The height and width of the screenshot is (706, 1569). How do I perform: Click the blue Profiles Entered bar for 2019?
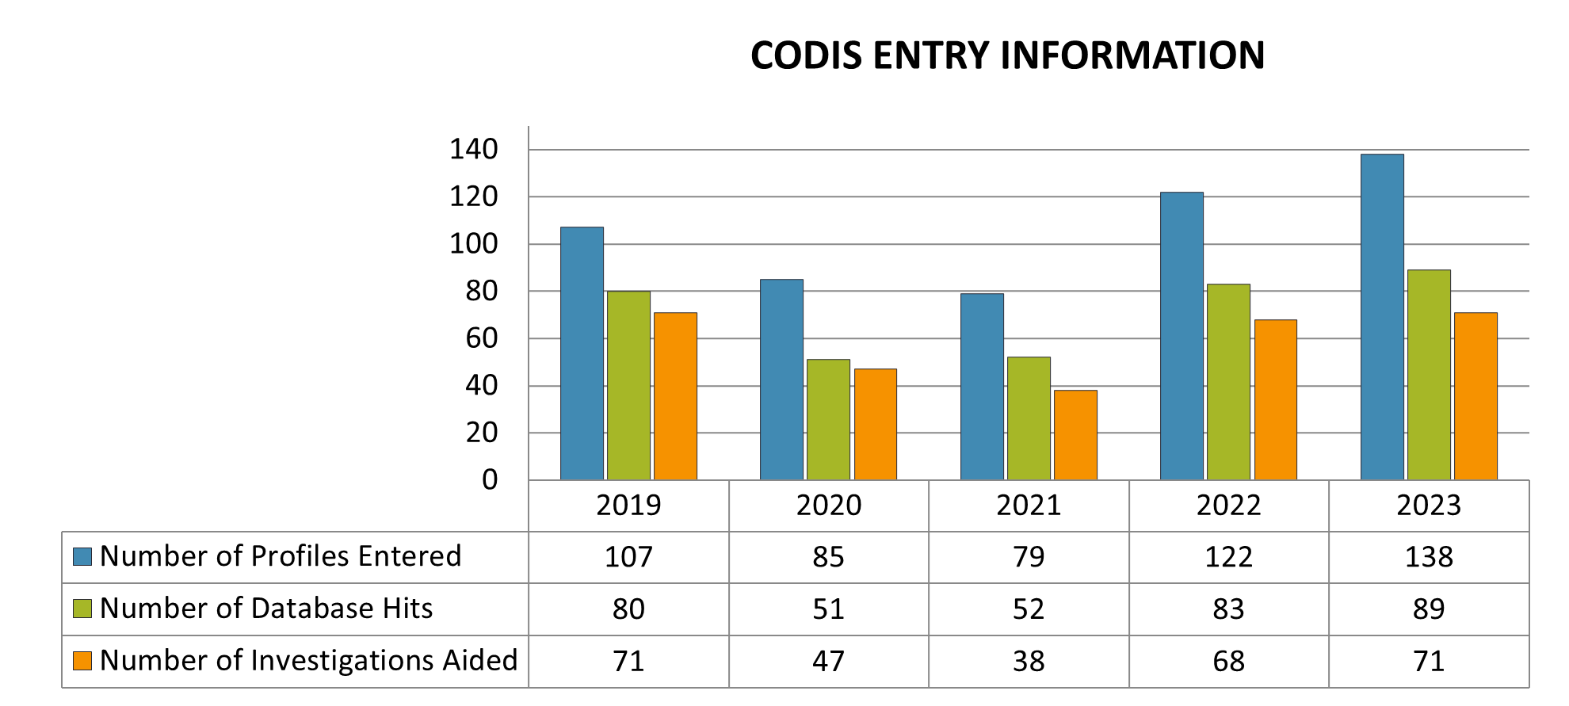point(582,353)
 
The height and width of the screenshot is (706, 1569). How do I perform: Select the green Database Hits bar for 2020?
point(828,419)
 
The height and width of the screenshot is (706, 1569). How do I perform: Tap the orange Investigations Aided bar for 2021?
point(1075,435)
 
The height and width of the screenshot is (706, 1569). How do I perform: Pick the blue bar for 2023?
point(1382,317)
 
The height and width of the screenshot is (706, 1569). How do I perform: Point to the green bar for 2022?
point(1228,382)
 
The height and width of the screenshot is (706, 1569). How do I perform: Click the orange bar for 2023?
point(1475,396)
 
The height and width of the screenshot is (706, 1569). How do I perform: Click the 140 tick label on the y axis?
point(474,149)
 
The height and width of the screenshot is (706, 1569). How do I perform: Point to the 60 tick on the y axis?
point(482,338)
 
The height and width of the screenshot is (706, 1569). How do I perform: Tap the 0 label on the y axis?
point(490,479)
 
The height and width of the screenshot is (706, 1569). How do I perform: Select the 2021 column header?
point(1029,506)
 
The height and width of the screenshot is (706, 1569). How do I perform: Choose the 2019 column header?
point(628,506)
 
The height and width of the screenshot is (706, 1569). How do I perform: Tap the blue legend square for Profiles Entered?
point(82,556)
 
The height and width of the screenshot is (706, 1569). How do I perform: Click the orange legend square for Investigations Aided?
point(82,661)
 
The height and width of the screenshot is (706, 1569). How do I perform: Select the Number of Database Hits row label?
point(266,609)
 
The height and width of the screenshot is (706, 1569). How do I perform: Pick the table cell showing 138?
point(1429,557)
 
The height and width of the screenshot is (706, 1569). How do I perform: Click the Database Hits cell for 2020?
point(828,609)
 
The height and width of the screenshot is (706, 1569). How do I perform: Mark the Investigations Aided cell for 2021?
point(1029,662)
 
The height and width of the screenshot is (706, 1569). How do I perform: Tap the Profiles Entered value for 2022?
point(1228,557)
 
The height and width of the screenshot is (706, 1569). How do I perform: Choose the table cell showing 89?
point(1429,609)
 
